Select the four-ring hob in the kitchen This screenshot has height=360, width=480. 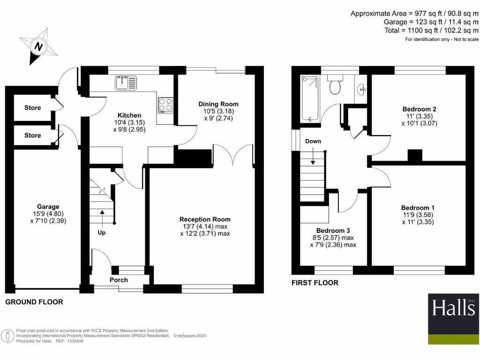coord(165,105)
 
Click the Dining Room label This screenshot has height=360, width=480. coord(218,104)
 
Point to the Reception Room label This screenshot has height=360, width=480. coord(205,219)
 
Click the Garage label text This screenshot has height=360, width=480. coord(48,207)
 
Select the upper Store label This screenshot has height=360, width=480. coord(32,108)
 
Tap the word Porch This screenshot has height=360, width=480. coord(119,280)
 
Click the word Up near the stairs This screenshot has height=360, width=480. coord(102,232)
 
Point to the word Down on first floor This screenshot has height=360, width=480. coord(313,141)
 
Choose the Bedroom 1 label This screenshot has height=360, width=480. coord(415,208)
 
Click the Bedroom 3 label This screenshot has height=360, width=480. coord(333,231)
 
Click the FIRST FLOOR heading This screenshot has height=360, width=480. coord(315,283)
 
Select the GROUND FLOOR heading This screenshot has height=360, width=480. coord(34,302)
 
